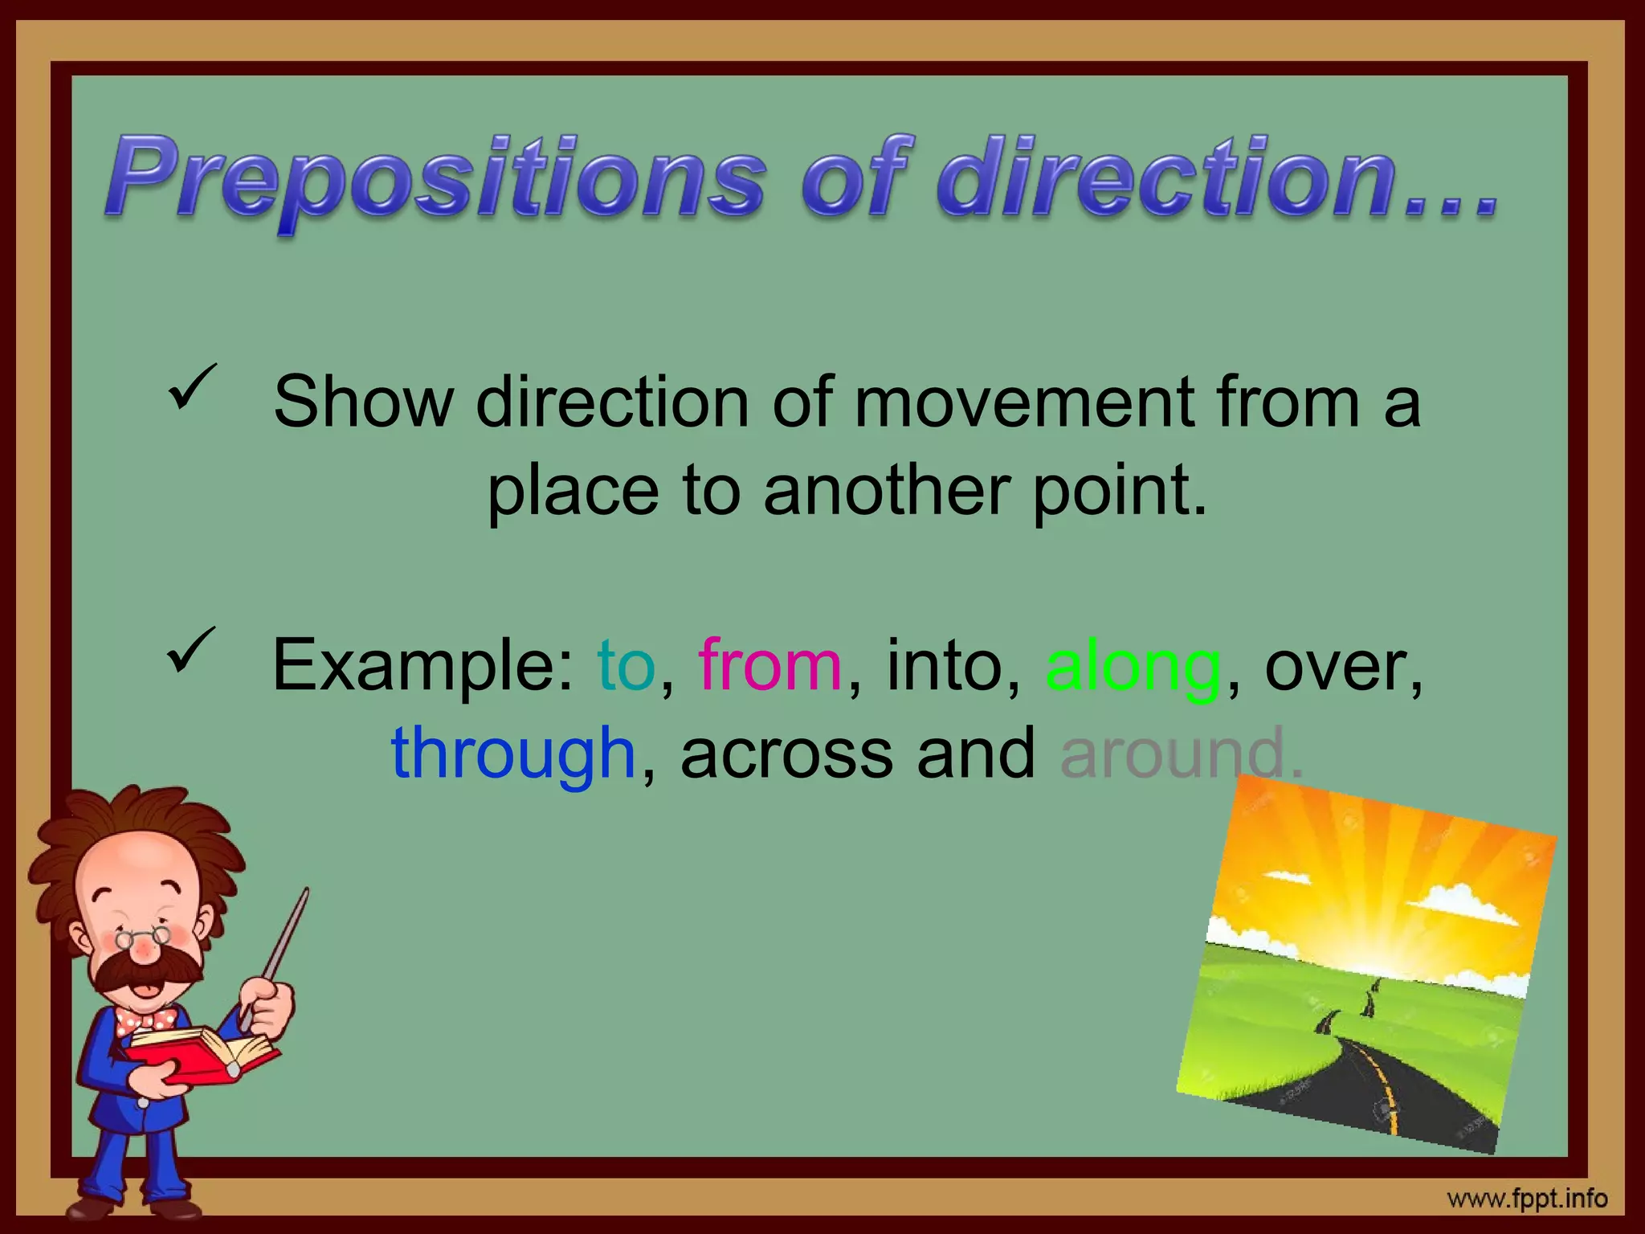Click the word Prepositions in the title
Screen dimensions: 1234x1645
[434, 178]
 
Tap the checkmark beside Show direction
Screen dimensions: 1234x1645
[192, 385]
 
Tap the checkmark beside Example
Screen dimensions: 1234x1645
[192, 649]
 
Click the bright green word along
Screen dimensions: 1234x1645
[1133, 667]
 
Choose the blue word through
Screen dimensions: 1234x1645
[514, 754]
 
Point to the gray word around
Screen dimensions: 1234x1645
[1173, 754]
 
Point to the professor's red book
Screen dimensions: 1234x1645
[201, 1052]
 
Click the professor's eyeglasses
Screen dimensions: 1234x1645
[143, 936]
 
